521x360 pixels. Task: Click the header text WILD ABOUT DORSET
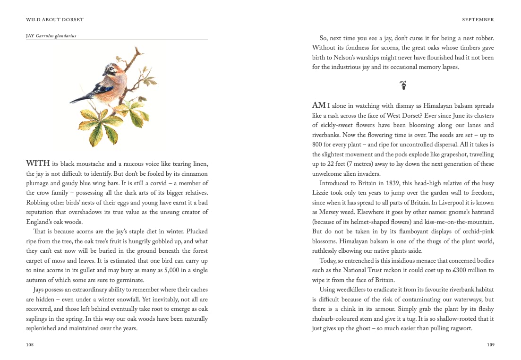pos(54,20)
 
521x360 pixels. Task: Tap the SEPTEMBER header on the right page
pos(478,20)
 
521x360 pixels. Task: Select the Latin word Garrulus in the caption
pos(45,35)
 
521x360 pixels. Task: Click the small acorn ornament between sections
pos(403,86)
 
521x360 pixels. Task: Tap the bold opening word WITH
pos(38,163)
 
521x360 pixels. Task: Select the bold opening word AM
pos(319,105)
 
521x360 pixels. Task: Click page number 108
pos(30,345)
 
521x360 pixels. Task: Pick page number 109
pos(490,345)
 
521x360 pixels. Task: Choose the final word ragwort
pos(460,328)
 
